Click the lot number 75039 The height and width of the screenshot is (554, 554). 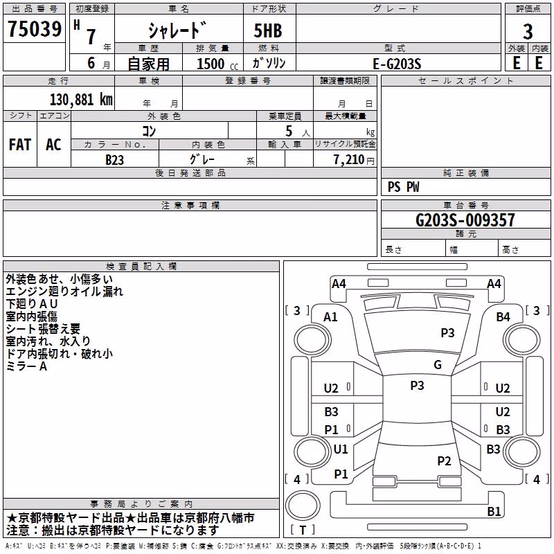pyautogui.click(x=34, y=28)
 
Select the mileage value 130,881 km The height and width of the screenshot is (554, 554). pyautogui.click(x=81, y=100)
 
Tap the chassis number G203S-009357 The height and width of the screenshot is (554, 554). pyautogui.click(x=465, y=220)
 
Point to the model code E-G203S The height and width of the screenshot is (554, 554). pyautogui.click(x=397, y=64)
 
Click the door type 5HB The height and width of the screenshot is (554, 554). pyautogui.click(x=268, y=30)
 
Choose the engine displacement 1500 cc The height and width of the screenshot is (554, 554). pyautogui.click(x=217, y=64)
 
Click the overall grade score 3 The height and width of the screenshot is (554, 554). pyautogui.click(x=528, y=31)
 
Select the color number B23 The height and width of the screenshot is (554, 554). pyautogui.click(x=114, y=160)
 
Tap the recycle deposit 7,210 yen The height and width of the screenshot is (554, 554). pyautogui.click(x=354, y=160)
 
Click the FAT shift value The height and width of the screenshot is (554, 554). pyautogui.click(x=20, y=145)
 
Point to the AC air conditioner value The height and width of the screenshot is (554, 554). pyautogui.click(x=53, y=145)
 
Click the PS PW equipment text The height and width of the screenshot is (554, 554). pyautogui.click(x=403, y=187)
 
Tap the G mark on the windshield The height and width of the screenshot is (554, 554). pyautogui.click(x=438, y=365)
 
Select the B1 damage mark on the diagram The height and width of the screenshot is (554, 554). pyautogui.click(x=494, y=511)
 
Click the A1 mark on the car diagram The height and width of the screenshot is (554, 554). pyautogui.click(x=330, y=317)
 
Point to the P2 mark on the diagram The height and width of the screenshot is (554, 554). pyautogui.click(x=444, y=461)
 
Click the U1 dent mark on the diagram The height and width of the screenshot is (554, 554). pyautogui.click(x=341, y=449)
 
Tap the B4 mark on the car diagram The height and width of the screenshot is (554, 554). pyautogui.click(x=503, y=317)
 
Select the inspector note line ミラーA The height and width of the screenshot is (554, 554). pyautogui.click(x=26, y=366)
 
